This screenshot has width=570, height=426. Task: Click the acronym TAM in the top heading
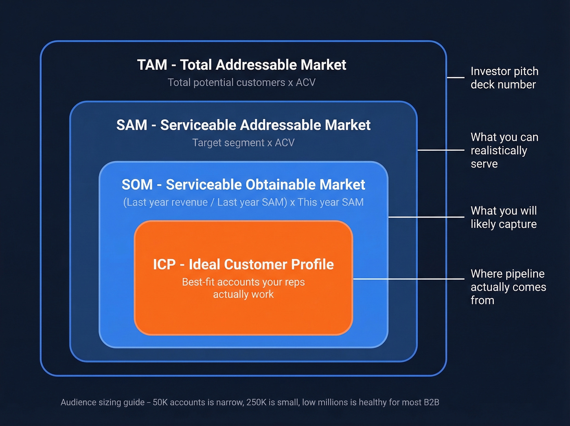click(152, 65)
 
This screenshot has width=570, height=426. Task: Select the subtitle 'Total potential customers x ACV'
click(241, 82)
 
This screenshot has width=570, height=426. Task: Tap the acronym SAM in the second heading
click(132, 125)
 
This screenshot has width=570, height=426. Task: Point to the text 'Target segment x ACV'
click(243, 143)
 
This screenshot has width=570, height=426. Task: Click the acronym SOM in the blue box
click(137, 185)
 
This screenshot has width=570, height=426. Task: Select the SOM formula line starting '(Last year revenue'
click(243, 202)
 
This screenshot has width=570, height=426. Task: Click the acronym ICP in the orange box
click(164, 265)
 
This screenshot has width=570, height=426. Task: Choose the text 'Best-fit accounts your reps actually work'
click(243, 288)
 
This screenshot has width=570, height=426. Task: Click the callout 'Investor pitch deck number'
click(504, 78)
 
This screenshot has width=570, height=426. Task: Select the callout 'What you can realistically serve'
click(504, 150)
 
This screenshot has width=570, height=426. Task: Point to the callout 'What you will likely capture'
click(504, 217)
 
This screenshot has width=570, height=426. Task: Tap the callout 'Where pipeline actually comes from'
click(508, 287)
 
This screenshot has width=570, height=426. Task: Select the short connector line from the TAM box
click(456, 77)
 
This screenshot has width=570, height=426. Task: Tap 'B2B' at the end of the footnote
click(431, 402)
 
